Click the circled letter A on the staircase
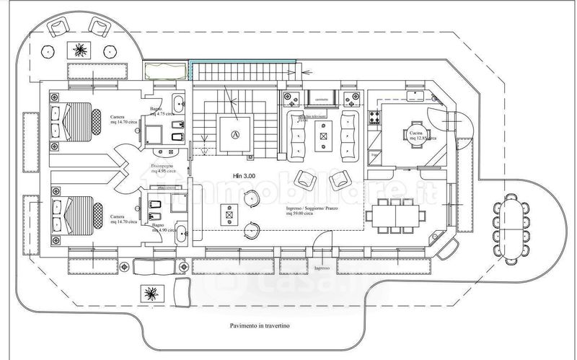tap(234, 134)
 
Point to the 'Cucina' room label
tap(416, 134)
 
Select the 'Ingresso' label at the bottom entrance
tap(322, 268)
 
